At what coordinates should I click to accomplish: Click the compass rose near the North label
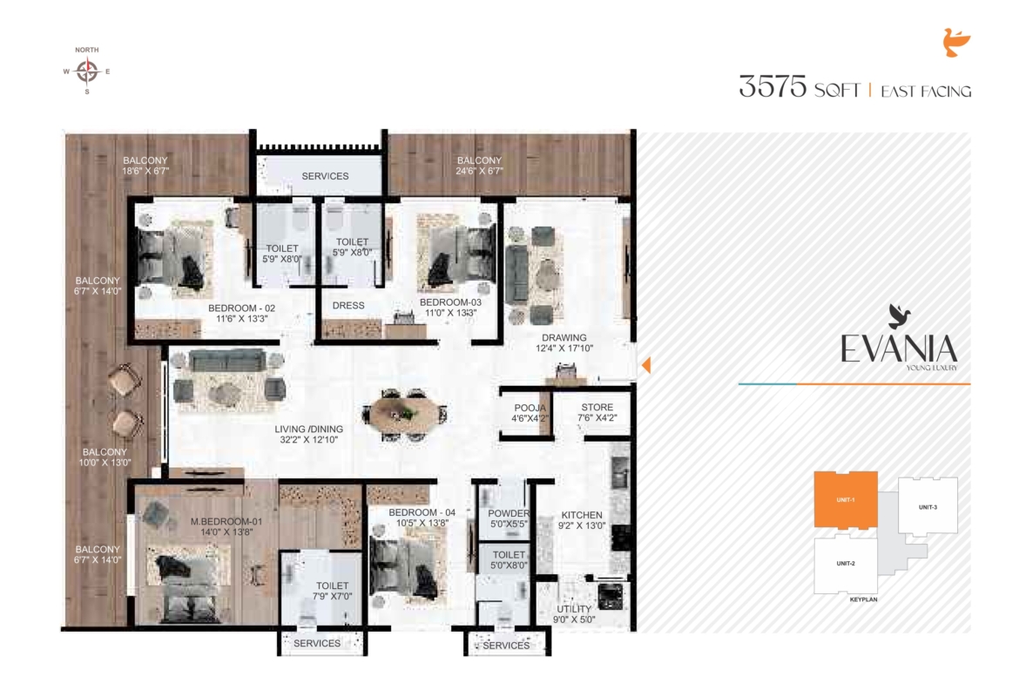coord(87,71)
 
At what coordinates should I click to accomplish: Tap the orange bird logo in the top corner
coord(956,43)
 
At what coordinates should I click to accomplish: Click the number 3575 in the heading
coord(773,86)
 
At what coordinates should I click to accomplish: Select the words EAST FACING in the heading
coord(926,91)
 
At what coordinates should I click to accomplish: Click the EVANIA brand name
coord(899,349)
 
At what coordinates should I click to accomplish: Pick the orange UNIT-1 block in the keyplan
coord(846,499)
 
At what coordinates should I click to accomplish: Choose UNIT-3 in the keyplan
coord(928,507)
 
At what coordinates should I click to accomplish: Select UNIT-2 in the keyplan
coord(846,564)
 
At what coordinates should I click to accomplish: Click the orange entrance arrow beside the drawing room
coord(646,365)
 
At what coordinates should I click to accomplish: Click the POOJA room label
coord(530,409)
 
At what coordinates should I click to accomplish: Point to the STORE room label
coord(597,408)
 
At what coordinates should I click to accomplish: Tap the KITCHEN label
coord(582,515)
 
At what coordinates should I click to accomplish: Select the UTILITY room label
coord(574,609)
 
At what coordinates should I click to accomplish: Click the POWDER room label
coord(509,513)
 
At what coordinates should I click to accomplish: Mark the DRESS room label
coord(348,306)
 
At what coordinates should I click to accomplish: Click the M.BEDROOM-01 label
coord(226,521)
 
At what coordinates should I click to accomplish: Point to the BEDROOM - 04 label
coord(422,512)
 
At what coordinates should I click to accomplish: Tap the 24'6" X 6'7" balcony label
coord(480,171)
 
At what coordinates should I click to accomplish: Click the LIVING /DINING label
coord(308,429)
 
